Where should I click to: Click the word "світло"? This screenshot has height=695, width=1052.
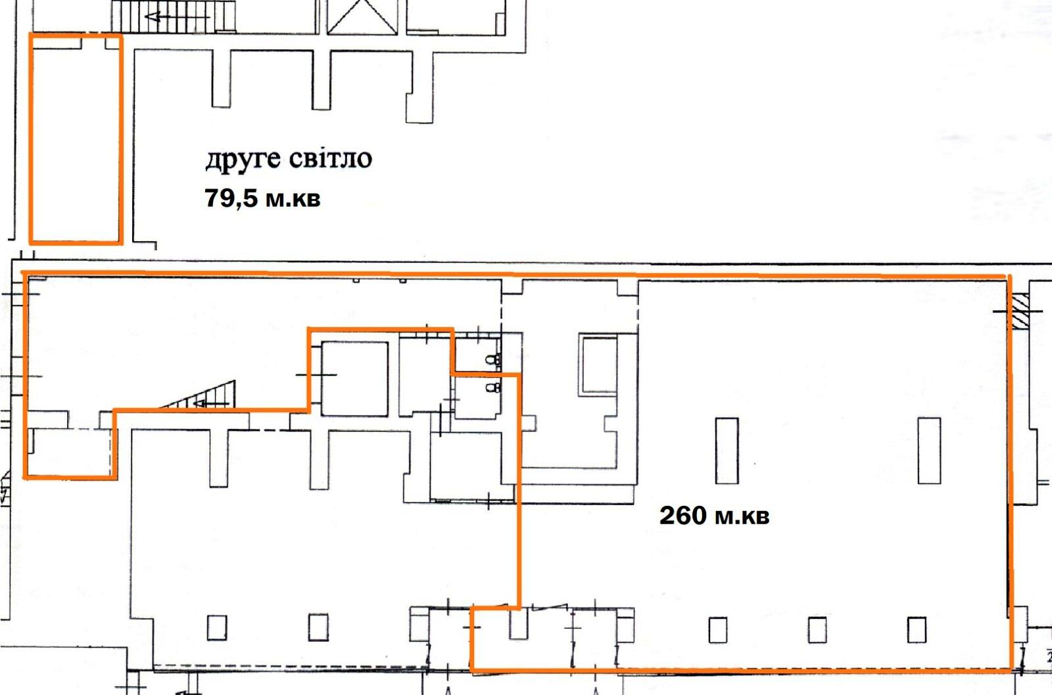tap(330, 158)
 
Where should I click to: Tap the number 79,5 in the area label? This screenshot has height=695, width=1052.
tap(231, 198)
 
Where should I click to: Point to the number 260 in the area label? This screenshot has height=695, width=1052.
tap(683, 515)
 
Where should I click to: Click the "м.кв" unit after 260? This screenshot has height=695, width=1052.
tap(742, 517)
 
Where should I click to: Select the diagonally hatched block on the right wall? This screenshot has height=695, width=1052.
tap(1020, 311)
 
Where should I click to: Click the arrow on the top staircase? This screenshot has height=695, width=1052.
tap(177, 17)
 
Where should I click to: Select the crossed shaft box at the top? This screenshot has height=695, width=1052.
tap(362, 17)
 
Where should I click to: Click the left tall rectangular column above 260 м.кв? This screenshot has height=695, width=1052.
tap(727, 451)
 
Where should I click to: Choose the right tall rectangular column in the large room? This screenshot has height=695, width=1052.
tap(930, 451)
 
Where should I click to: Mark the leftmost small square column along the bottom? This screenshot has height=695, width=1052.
tap(217, 628)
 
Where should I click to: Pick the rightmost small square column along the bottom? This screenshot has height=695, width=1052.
tap(917, 630)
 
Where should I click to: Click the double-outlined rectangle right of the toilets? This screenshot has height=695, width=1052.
tap(599, 365)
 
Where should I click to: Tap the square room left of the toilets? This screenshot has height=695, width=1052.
tap(354, 379)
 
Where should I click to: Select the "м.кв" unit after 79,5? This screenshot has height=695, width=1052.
tap(293, 199)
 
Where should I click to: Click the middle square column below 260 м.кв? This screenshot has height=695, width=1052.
tap(817, 630)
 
